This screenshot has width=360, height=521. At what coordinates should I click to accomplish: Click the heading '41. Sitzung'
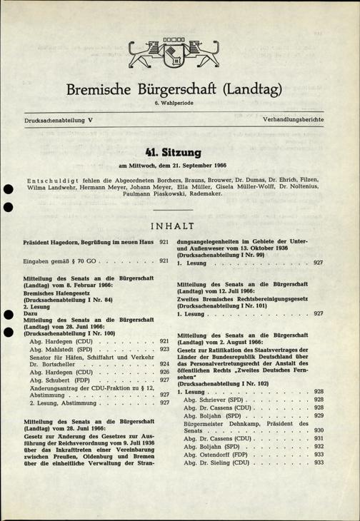[x=180, y=153]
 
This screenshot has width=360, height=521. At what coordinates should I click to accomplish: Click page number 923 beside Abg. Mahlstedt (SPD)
[x=164, y=350]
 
